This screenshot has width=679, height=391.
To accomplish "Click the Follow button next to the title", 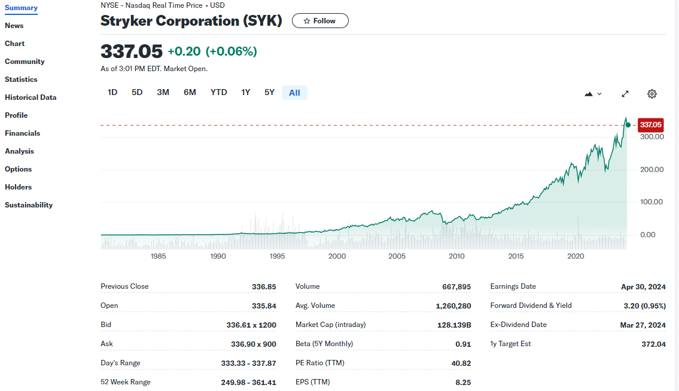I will coord(320,21).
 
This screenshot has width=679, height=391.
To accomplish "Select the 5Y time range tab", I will coord(269,93).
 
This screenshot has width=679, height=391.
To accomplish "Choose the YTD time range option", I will coord(219,93).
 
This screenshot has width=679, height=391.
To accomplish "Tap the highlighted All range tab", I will coord(294,93).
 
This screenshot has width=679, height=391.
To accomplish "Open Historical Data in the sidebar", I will coord(31,97).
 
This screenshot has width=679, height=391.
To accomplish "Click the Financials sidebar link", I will coord(23,133).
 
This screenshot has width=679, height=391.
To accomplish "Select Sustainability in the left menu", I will coord(29,205).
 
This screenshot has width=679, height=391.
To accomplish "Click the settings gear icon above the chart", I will coord(652,94).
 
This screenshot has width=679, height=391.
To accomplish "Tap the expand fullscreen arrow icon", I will coord(625,94).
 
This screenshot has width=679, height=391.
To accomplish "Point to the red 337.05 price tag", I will coord(650,125).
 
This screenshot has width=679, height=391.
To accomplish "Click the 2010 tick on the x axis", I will coord(456,256).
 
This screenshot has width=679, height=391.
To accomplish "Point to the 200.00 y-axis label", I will coord(652,170).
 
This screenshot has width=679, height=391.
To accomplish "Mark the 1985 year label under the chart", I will coord(159,256).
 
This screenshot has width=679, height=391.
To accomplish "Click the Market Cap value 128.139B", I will coord(454,325).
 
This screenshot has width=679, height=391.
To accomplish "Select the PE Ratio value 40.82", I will coord(461,363).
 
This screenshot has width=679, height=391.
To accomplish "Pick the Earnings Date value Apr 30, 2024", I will coord(643,286).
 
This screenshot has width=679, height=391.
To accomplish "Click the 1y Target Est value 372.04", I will coord(653,344).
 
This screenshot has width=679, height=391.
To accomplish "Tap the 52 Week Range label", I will coord(126,382).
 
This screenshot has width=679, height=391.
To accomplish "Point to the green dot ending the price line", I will coord(628,125).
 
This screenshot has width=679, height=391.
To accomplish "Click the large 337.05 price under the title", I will coord(132,51).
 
